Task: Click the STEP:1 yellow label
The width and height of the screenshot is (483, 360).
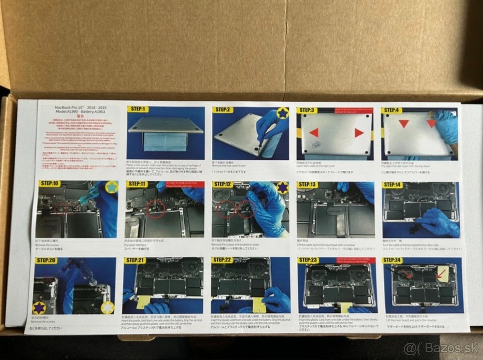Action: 138,109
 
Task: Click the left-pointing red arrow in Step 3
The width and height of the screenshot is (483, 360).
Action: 314,132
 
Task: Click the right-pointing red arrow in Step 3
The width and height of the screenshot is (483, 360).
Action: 359,132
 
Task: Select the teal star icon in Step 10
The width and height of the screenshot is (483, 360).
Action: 111,187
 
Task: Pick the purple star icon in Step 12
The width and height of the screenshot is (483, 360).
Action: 283,187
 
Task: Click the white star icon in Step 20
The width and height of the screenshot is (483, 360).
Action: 107,307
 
